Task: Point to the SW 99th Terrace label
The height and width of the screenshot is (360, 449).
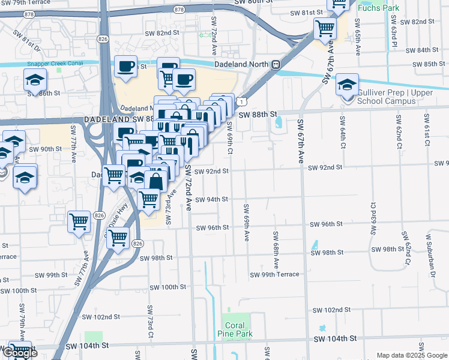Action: tap(274, 274)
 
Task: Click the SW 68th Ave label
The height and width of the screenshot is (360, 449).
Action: tap(276, 250)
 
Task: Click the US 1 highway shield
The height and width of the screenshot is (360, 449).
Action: tap(241, 103)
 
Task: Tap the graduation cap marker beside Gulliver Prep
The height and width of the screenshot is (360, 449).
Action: tap(347, 85)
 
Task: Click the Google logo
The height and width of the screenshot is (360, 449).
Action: tap(19, 353)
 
